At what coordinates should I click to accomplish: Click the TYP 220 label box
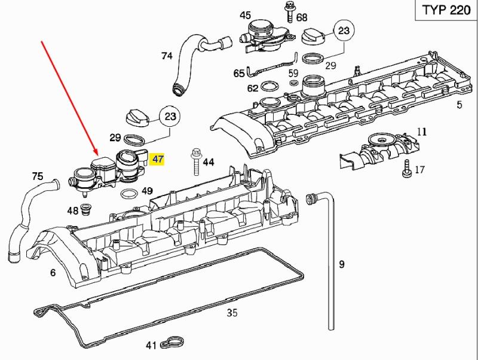click(443, 12)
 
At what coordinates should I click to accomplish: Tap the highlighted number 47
click(158, 160)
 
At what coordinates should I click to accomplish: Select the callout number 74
click(167, 56)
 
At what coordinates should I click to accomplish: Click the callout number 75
click(38, 176)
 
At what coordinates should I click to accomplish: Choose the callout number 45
click(246, 15)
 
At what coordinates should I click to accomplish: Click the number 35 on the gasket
click(232, 312)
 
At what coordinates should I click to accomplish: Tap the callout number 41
click(151, 345)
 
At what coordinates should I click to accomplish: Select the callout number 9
click(342, 263)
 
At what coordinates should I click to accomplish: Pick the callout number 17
click(419, 170)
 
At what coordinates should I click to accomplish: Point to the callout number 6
click(53, 273)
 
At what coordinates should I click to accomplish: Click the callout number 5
click(459, 106)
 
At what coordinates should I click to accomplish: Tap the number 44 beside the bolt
click(208, 162)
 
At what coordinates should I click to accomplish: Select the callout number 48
click(72, 210)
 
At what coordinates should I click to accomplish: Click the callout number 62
click(253, 89)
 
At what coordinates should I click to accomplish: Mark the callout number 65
click(239, 73)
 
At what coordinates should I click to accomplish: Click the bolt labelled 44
click(195, 161)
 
